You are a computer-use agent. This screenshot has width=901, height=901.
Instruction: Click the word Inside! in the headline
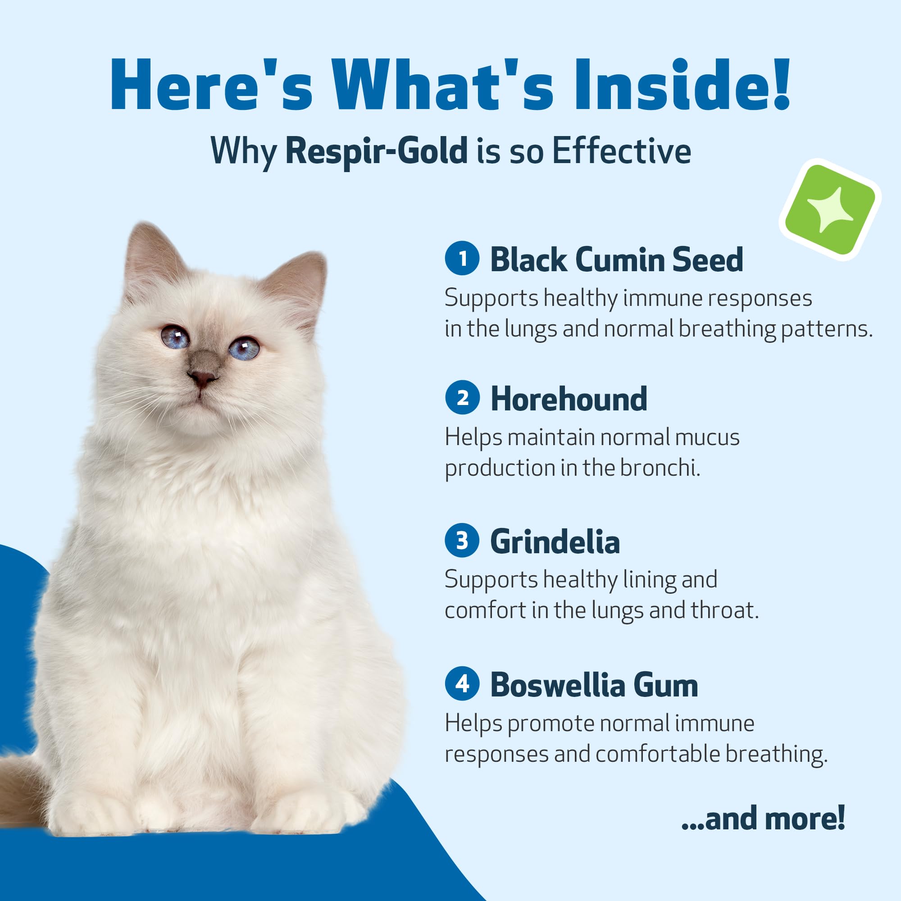click(x=682, y=84)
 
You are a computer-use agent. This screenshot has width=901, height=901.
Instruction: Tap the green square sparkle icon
click(x=830, y=210)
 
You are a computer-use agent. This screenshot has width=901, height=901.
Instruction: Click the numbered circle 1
click(x=462, y=258)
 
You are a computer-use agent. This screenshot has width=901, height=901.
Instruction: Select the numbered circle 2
click(x=462, y=397)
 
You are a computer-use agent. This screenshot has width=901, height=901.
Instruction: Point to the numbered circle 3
click(x=462, y=541)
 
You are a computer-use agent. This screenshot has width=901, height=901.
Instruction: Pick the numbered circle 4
click(x=462, y=684)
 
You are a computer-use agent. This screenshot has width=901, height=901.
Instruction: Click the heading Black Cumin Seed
click(x=617, y=259)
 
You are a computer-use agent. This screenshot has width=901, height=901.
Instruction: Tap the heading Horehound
click(x=569, y=399)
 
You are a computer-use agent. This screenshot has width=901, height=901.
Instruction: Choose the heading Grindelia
click(x=555, y=542)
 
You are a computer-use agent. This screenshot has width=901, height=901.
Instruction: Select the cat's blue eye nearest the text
click(x=243, y=348)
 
